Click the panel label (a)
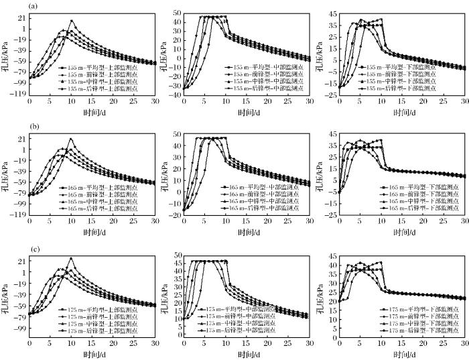pyautogui.click(x=32, y=7)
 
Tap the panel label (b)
pyautogui.click(x=32, y=125)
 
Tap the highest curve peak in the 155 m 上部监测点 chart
pyautogui.click(x=71, y=21)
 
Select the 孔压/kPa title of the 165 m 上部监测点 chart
pyautogui.click(x=6, y=174)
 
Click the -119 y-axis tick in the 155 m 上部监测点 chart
pyautogui.click(x=18, y=95)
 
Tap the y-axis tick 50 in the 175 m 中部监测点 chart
pyautogui.click(x=178, y=255)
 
